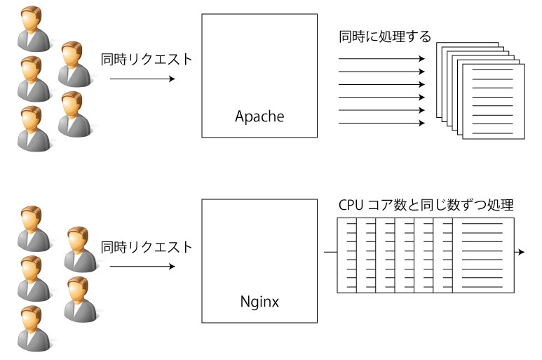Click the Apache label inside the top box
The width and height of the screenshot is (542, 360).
[x=259, y=116]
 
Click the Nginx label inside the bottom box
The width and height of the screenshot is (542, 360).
[x=259, y=302]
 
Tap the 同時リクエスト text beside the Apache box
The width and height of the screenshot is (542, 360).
[x=146, y=59]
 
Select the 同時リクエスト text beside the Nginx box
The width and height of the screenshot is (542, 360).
[x=146, y=247]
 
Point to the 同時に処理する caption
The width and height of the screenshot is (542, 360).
[x=385, y=36]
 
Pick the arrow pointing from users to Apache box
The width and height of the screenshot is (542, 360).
[x=142, y=79]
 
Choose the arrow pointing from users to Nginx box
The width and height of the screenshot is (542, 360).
[x=142, y=267]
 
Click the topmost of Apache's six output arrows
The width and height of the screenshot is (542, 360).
[x=381, y=59]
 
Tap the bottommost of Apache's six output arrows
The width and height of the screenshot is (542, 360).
[x=381, y=123]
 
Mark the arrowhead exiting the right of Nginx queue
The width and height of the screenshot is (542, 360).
[x=520, y=251]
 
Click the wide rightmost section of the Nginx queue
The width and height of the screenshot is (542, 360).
[x=483, y=254]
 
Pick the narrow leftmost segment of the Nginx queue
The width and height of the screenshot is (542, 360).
[x=347, y=254]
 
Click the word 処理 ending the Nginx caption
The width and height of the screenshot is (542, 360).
[x=501, y=206]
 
